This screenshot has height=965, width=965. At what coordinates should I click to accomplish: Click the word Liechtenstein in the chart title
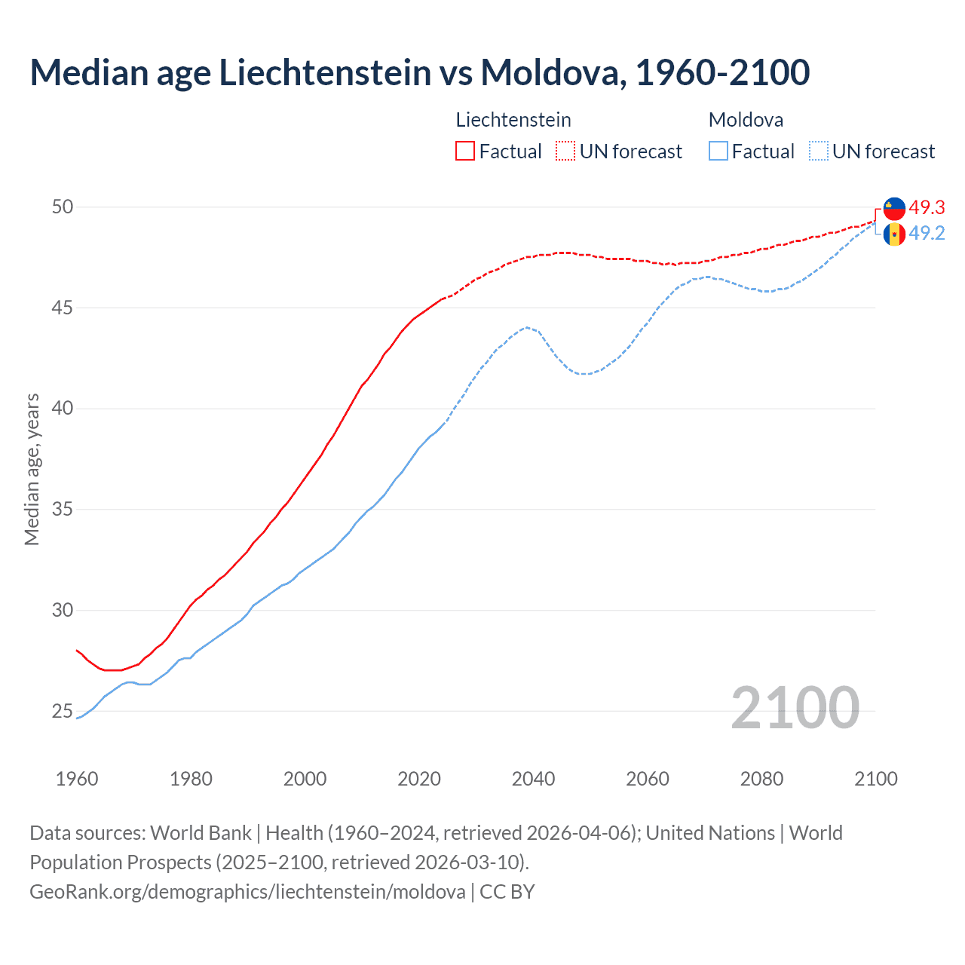325,72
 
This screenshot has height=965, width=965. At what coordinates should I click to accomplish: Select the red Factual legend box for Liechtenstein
465,152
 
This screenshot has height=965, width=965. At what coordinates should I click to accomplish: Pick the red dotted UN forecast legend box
565,152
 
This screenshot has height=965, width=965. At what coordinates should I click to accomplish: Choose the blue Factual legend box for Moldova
718,152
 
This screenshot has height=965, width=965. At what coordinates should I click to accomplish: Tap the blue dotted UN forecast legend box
819,152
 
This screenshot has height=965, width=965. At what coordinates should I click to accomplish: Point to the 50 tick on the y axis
63,207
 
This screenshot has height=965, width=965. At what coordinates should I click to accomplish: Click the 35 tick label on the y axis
63,510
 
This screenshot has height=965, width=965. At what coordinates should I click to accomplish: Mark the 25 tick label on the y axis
63,711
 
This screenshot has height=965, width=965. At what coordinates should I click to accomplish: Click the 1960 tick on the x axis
77,779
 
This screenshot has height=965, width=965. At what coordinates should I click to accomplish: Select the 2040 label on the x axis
533,779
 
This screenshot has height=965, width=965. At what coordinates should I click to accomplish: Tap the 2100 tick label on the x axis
875,779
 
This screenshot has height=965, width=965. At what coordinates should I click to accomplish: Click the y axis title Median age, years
32,469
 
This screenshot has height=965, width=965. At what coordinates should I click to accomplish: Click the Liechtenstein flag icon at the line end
894,208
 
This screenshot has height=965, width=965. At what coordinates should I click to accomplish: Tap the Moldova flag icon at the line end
894,234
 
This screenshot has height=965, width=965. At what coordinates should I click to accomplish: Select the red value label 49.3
927,207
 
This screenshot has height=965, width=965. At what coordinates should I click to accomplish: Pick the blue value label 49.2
927,234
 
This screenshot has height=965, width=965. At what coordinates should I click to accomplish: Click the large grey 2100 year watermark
795,708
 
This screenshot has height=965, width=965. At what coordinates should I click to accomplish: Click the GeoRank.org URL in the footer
247,892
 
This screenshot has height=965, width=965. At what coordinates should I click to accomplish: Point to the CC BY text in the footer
507,892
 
